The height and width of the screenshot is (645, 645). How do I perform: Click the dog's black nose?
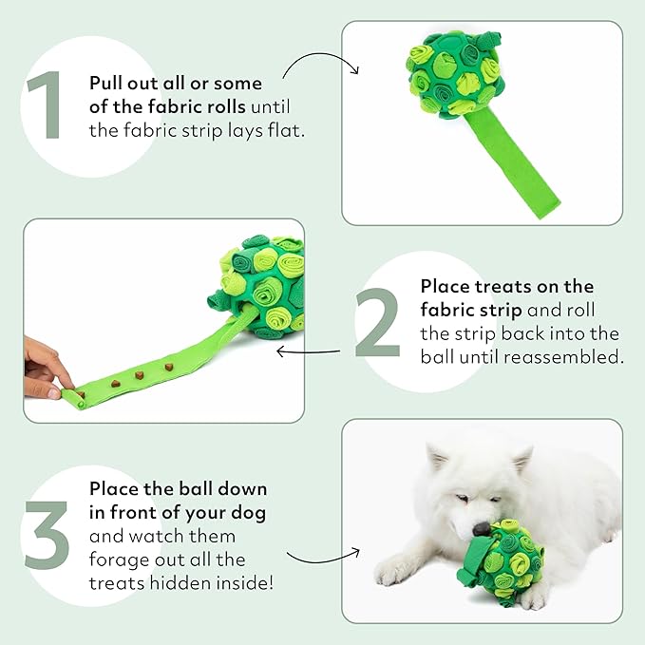click(x=484, y=525)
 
